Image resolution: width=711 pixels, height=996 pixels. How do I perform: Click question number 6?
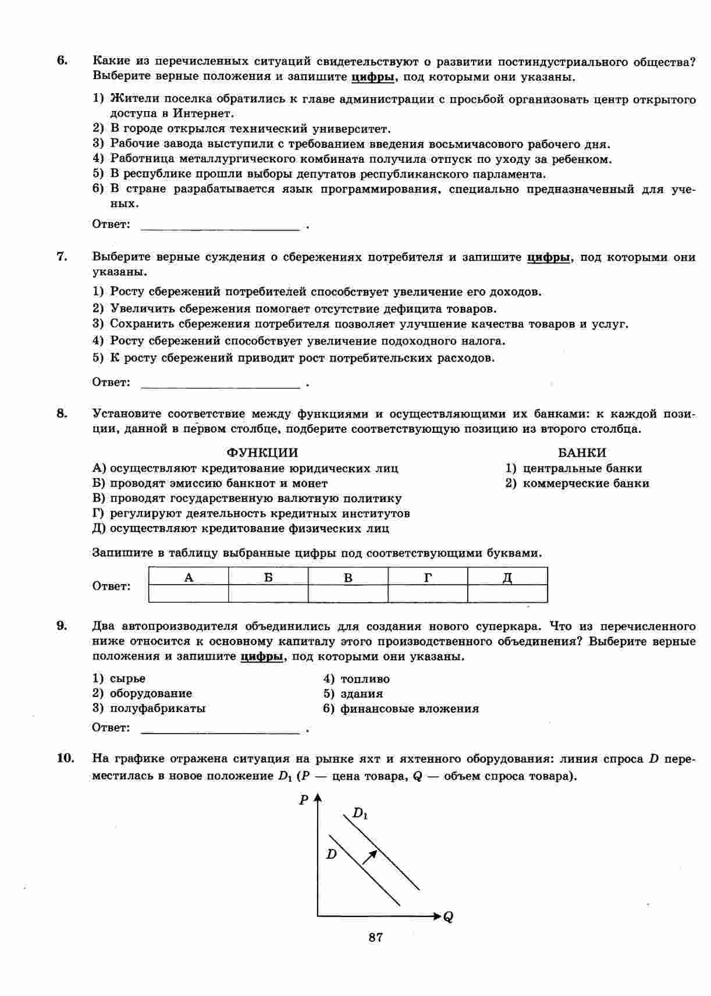(x=62, y=61)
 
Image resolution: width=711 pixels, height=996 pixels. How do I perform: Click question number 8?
(x=62, y=414)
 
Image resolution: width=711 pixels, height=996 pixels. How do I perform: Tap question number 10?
(x=65, y=757)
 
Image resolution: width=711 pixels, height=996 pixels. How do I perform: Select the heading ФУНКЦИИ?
(x=262, y=453)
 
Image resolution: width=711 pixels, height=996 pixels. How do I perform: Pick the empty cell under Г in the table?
(x=428, y=593)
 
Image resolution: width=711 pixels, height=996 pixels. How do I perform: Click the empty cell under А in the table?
(x=189, y=593)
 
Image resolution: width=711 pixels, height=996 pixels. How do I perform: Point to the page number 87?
(x=375, y=937)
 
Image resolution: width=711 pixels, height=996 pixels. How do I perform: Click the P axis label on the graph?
(x=304, y=800)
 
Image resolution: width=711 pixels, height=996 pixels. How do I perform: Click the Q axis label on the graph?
(x=448, y=917)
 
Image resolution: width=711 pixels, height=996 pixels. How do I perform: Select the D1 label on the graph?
(x=360, y=813)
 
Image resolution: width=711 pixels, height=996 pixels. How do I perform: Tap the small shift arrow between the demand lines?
(x=370, y=856)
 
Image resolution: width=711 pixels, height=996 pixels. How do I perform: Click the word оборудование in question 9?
(x=151, y=693)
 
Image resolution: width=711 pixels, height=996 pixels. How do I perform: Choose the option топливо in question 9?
(x=365, y=679)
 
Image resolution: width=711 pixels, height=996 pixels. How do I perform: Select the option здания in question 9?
(x=361, y=693)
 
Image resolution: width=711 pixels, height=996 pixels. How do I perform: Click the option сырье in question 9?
(x=127, y=679)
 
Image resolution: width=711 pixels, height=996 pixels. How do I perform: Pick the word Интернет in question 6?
(x=202, y=113)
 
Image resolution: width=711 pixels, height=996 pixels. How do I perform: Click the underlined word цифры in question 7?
(x=548, y=257)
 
